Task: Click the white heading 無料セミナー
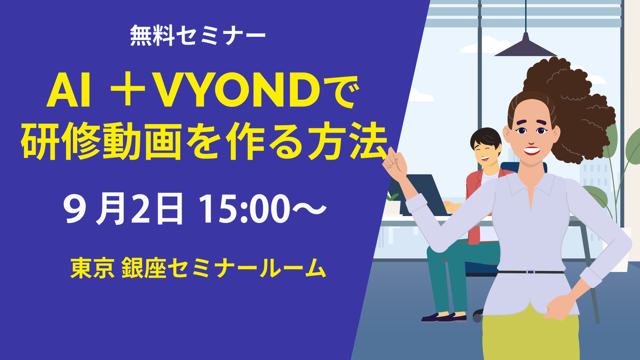pyautogui.click(x=197, y=35)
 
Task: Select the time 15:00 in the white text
pyautogui.click(x=245, y=209)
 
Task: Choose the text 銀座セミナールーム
pyautogui.click(x=224, y=268)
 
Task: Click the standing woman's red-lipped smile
pyautogui.click(x=532, y=151)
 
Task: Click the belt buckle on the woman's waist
pyautogui.click(x=530, y=272)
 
